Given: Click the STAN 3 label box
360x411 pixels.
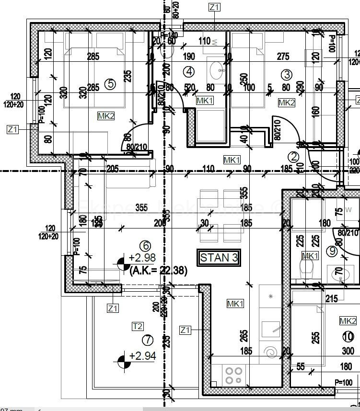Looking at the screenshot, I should (219, 257).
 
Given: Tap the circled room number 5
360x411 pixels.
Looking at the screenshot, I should (110, 84).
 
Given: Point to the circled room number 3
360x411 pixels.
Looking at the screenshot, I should (287, 74).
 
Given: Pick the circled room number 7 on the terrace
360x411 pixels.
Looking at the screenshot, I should (147, 340).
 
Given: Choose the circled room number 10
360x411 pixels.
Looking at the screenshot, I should (348, 336).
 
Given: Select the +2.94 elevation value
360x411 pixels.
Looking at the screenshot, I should (142, 356).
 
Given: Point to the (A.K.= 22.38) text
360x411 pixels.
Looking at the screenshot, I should (158, 271).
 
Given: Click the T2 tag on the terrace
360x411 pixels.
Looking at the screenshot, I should (138, 326).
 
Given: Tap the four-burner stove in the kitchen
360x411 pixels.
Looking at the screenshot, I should (233, 375).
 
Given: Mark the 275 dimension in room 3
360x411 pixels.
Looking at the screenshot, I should (283, 57).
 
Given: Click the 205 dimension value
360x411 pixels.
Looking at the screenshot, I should (113, 168).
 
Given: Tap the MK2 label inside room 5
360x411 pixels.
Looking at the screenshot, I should (106, 116).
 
